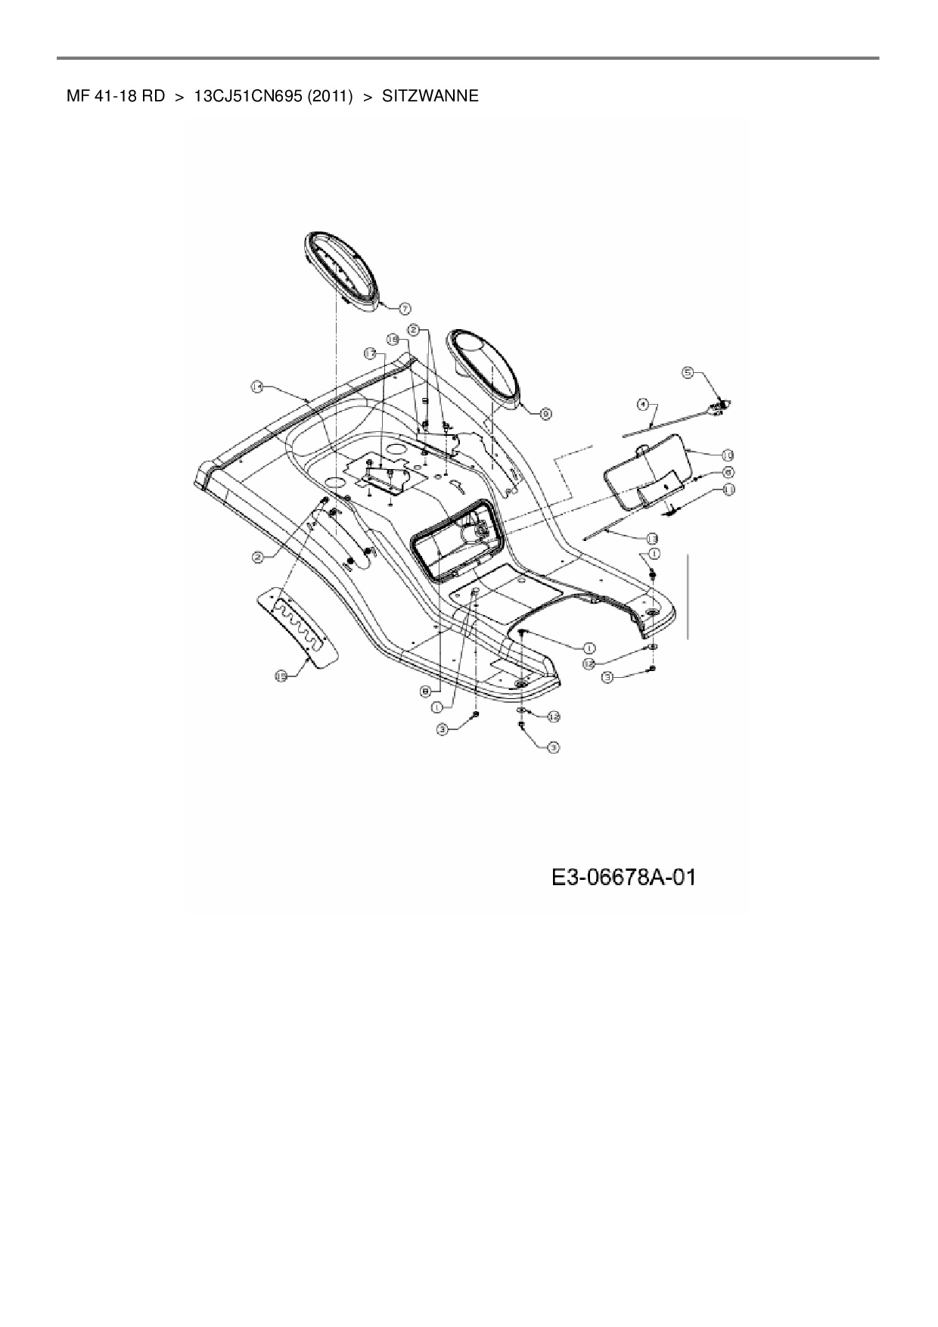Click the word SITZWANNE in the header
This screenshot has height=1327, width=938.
tap(430, 96)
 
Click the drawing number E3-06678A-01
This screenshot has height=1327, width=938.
tap(623, 878)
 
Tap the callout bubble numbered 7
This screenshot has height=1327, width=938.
tap(405, 308)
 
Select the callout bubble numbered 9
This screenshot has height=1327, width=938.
tap(545, 413)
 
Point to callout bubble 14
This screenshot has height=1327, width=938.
tap(257, 387)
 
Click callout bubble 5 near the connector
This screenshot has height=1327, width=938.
tap(688, 371)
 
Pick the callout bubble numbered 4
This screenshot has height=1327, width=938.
tap(642, 405)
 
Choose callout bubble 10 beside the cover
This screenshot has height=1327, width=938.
tap(727, 455)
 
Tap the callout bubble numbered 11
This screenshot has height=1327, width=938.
tap(728, 489)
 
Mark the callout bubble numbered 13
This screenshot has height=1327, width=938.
tap(651, 538)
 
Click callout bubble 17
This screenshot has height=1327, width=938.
tap(369, 353)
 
